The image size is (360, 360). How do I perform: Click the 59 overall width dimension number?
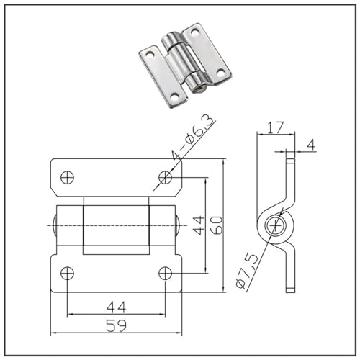point(116,325)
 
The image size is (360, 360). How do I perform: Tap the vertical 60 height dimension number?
point(217,225)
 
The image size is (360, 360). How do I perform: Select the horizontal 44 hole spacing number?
point(116,307)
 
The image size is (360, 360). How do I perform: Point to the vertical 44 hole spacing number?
point(199,225)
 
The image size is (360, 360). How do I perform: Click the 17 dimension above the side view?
point(276,127)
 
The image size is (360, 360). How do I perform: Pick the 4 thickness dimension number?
point(311,145)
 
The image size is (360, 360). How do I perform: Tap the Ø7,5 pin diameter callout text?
point(247,271)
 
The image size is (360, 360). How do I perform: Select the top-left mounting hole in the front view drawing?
point(67,178)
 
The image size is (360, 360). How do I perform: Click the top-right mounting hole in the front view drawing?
point(165,178)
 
